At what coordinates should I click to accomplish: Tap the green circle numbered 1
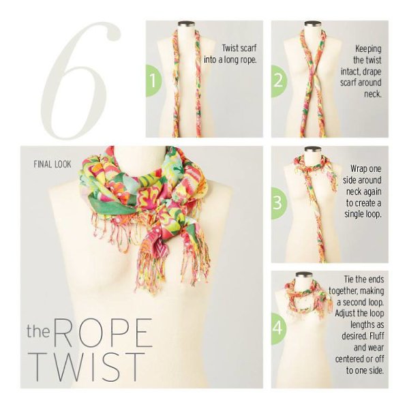tap(154, 80)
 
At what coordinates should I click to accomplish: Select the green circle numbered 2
tap(279, 81)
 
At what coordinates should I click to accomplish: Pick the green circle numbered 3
tap(279, 203)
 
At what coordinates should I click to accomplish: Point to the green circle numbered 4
tap(279, 328)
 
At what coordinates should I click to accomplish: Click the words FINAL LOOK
tap(52, 164)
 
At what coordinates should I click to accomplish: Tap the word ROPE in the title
tap(103, 333)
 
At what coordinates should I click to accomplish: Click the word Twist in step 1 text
tap(230, 48)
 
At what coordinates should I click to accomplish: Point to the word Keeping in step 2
tap(368, 48)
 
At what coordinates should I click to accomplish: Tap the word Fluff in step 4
tap(376, 336)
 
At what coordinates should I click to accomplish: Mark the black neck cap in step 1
tap(186, 23)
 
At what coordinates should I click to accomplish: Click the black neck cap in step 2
tap(312, 23)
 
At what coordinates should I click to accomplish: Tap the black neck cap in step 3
tap(312, 149)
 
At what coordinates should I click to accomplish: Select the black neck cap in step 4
tap(304, 275)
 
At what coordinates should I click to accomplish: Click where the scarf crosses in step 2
tap(314, 74)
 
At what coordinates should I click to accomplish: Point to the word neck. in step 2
tap(373, 94)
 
